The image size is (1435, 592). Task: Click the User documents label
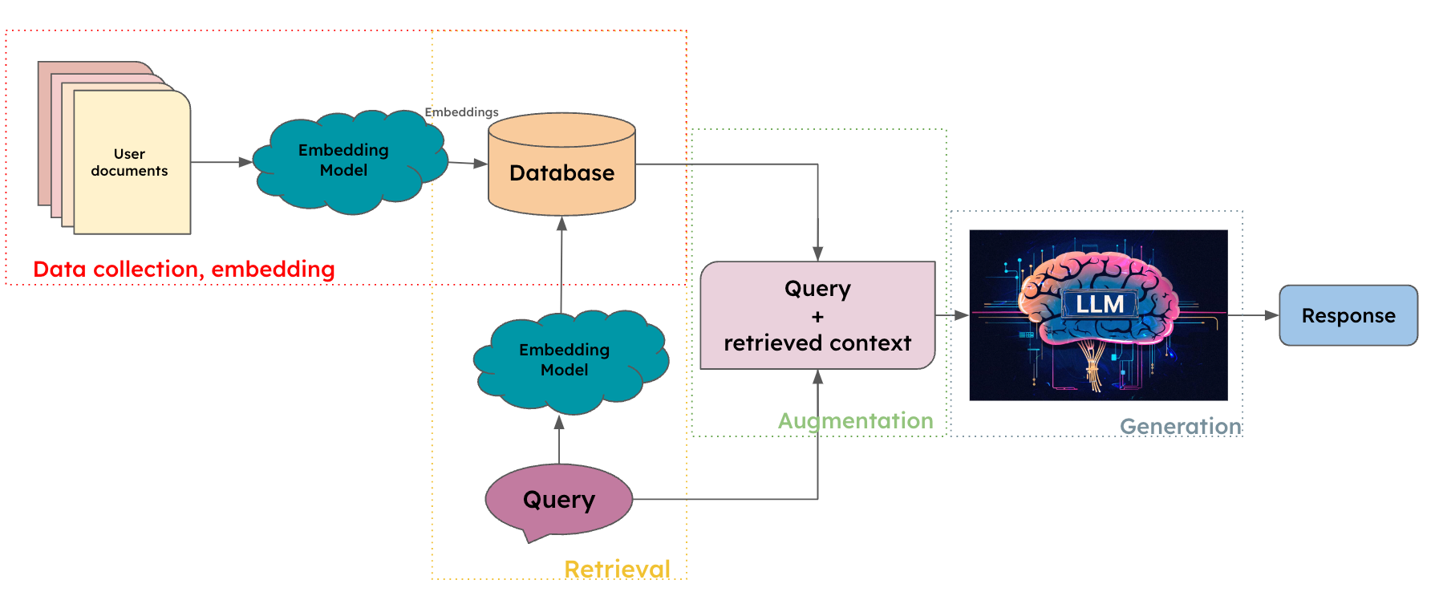[129, 162]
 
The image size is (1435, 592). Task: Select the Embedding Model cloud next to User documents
[344, 160]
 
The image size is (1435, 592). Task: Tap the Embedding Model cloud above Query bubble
[565, 360]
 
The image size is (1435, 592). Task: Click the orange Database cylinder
[561, 172]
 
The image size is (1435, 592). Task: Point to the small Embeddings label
[461, 112]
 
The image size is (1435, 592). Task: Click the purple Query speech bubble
[559, 500]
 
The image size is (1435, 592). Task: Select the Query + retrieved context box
[817, 315]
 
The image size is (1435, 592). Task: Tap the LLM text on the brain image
[1099, 304]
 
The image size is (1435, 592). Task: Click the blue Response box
[1348, 315]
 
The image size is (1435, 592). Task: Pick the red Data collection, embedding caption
[184, 270]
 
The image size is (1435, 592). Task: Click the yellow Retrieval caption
[617, 570]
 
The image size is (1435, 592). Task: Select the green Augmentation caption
[855, 421]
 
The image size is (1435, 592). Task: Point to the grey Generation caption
[1180, 427]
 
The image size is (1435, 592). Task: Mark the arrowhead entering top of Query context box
[817, 253]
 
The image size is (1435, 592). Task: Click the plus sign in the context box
[817, 317]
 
